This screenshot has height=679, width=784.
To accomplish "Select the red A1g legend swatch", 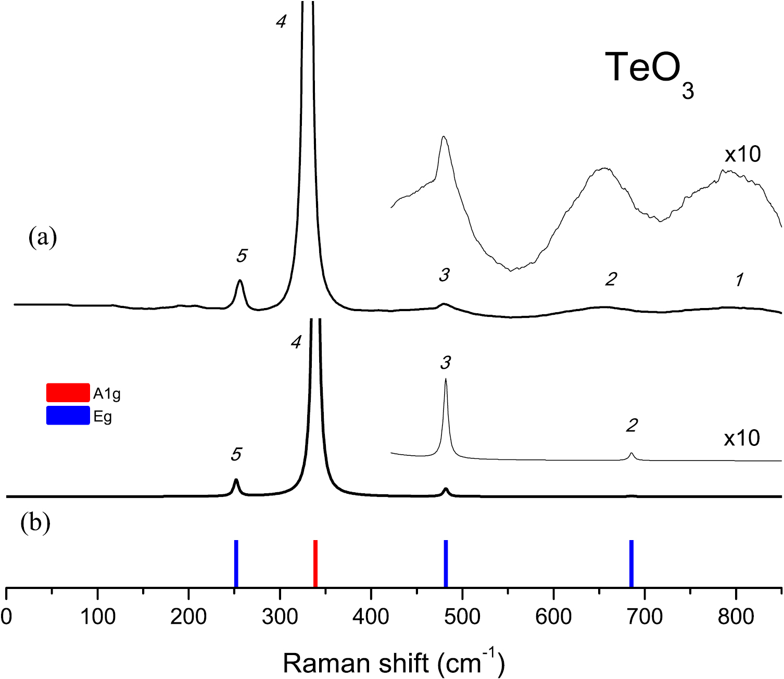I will point(68,393).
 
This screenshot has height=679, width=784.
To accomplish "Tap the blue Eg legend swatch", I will point(68,415).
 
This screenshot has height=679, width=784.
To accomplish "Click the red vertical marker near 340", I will point(315,563).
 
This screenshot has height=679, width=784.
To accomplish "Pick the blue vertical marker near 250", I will point(236,563).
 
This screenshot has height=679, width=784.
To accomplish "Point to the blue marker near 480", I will point(446,563).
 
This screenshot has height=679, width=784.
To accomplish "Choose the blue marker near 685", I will point(631,563).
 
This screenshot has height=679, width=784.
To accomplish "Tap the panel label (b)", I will point(35,523).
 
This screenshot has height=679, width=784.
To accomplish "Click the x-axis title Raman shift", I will point(394,663).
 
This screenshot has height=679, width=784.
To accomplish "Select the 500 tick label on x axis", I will point(462,617).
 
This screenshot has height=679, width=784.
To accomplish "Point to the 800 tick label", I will point(736,617).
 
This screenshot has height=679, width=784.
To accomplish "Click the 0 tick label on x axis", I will point(6,617).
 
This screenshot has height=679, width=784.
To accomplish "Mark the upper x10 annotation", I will point(742,155).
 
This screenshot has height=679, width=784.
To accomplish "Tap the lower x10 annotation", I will point(742,439).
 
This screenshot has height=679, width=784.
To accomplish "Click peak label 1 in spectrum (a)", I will point(739,280).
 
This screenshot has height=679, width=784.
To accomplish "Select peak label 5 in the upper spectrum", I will point(241,255).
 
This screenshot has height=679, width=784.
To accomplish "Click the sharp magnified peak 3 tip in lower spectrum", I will point(446,380).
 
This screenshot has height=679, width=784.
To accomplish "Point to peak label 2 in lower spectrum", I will point(631,426).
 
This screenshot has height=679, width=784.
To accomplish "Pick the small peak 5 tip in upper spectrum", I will point(240,281).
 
